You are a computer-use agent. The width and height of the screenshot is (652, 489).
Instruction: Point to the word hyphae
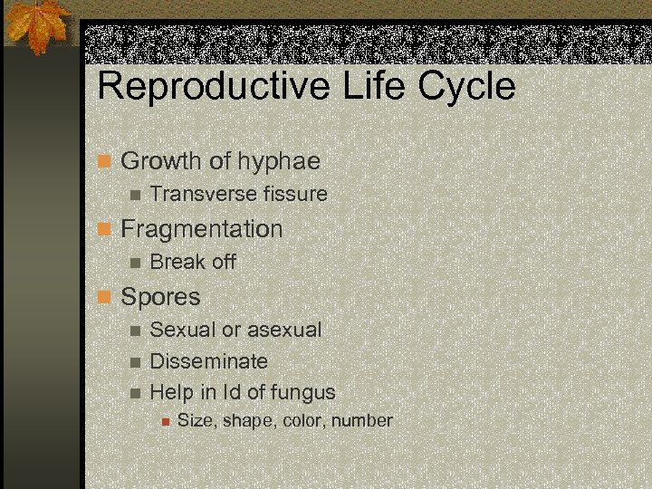tap(279, 161)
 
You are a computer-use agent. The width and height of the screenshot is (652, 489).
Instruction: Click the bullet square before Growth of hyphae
tap(105, 162)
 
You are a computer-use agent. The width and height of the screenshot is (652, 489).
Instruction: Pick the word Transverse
tap(200, 194)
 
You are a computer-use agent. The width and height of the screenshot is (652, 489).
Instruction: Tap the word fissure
tap(292, 194)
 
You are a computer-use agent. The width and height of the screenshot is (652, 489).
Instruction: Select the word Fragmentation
tap(202, 228)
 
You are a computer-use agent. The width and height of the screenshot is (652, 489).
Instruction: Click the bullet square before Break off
tap(135, 263)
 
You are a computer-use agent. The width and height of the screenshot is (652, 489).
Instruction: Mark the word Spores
tap(160, 296)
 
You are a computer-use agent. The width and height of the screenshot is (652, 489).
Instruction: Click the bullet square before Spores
tap(105, 297)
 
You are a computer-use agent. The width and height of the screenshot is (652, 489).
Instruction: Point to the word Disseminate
tap(208, 361)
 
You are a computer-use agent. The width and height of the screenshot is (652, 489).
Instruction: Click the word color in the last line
tap(305, 421)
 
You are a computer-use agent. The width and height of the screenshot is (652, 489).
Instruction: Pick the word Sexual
tap(180, 330)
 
